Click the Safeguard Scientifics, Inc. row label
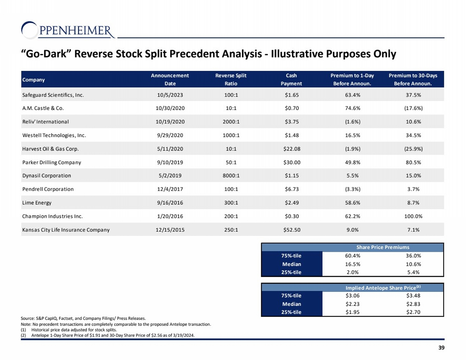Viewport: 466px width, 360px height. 53,95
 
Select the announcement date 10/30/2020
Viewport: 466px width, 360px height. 170,108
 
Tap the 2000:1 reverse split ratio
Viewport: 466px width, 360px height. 231,122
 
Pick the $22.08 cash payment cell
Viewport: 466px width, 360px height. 292,149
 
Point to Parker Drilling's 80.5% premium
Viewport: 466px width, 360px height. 413,162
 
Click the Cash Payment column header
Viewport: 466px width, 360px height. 291,80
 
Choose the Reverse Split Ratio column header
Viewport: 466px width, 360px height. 231,80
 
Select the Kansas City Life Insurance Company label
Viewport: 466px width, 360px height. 66,230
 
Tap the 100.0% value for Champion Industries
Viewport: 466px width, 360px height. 413,216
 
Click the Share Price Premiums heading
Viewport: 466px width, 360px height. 383,247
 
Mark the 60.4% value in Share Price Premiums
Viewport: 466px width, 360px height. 353,256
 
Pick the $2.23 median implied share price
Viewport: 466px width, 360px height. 353,304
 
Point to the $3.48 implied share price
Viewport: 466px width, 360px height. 413,296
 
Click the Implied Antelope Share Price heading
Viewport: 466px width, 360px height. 383,288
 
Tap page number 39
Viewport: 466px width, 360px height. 441,348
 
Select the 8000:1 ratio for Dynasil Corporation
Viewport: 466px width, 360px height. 231,176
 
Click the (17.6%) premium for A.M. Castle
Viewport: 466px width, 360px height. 413,108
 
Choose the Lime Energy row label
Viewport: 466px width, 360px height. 37,203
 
